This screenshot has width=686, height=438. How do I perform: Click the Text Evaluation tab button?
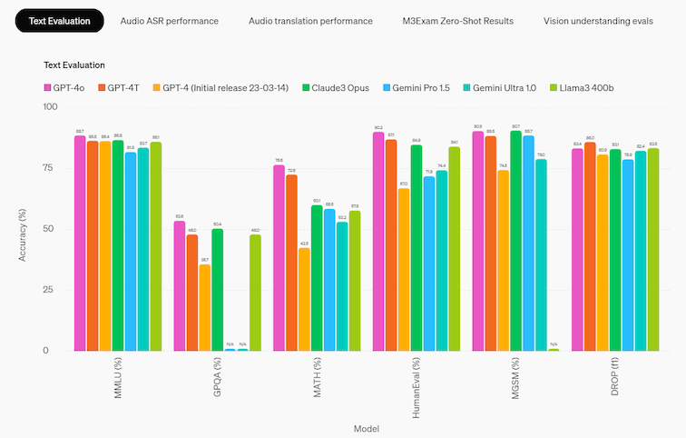coord(59,20)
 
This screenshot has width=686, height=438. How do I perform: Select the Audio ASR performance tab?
coord(169,20)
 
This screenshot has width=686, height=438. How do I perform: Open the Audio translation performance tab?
coord(310,20)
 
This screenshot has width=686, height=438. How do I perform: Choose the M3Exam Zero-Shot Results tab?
coord(458,20)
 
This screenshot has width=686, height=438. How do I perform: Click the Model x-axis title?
coord(365,427)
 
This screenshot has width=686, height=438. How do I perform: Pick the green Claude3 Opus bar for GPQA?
coord(218,290)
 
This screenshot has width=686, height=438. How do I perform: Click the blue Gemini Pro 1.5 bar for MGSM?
coord(528,243)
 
